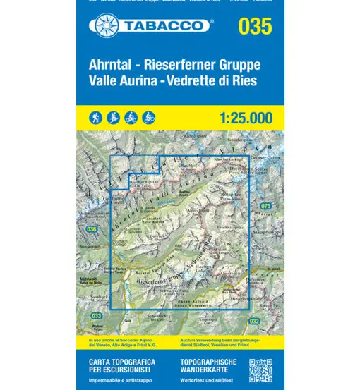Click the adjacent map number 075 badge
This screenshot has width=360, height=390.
click(265, 206)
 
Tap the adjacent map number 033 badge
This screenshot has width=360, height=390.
click(97, 315)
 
